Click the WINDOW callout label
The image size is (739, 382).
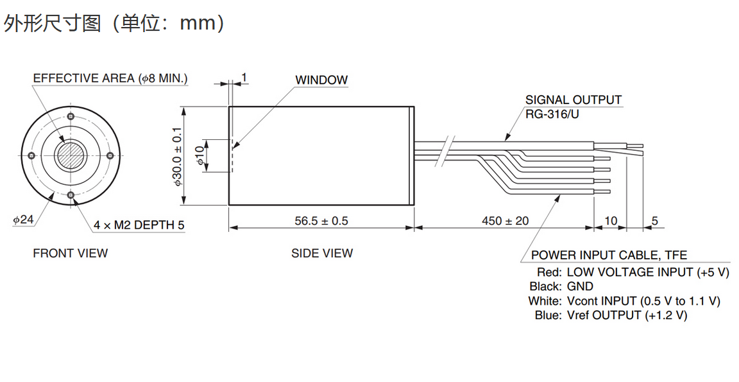pyautogui.click(x=321, y=80)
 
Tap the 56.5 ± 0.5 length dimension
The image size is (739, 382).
pyautogui.click(x=321, y=221)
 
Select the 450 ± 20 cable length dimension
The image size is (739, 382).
pyautogui.click(x=505, y=221)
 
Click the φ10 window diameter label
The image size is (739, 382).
pyautogui.click(x=200, y=155)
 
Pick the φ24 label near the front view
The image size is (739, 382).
pyautogui.click(x=23, y=220)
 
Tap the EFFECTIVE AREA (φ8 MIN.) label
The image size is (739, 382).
pyautogui.click(x=110, y=78)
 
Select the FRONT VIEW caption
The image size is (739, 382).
pyautogui.click(x=71, y=254)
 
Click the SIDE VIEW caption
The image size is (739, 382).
pyautogui.click(x=322, y=254)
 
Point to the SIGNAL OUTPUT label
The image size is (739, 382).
pyautogui.click(x=573, y=100)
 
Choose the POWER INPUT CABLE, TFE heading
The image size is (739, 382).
pyautogui.click(x=609, y=256)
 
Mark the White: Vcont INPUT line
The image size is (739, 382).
pyautogui.click(x=624, y=301)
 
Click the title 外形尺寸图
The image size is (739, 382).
pyautogui.click(x=53, y=24)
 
